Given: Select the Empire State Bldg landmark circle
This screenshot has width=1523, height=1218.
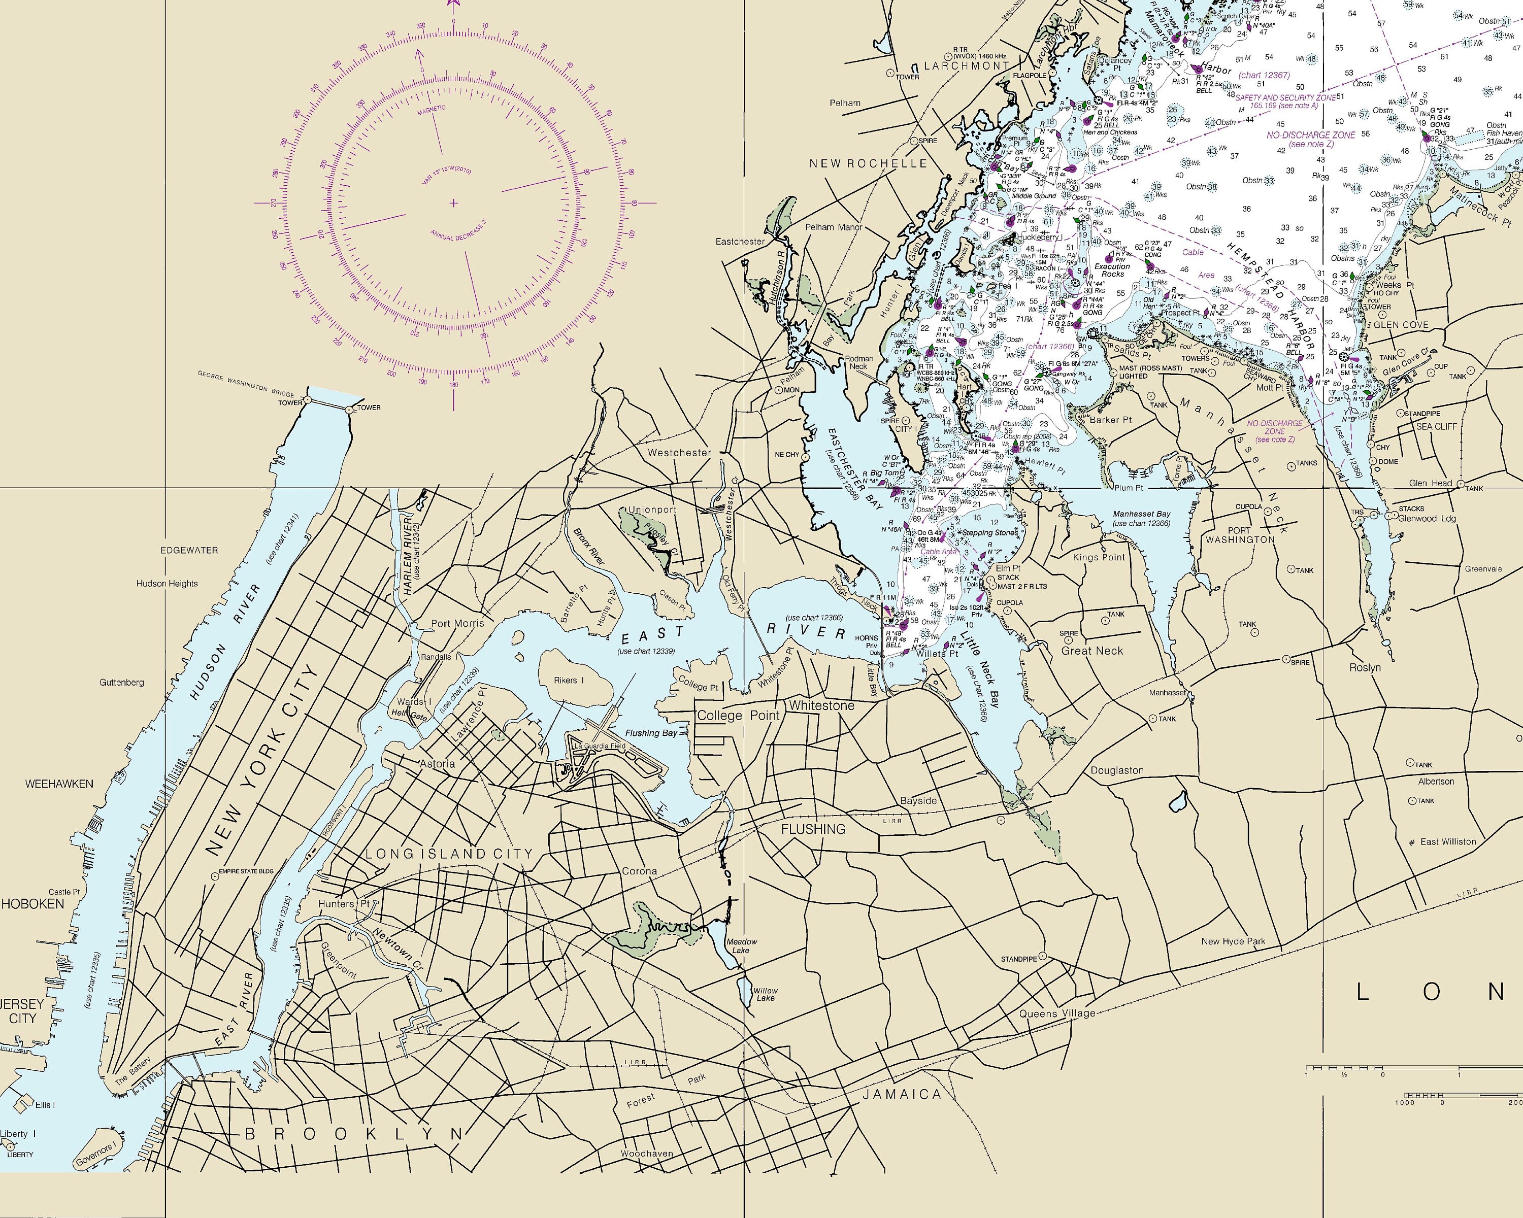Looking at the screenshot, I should [214, 875].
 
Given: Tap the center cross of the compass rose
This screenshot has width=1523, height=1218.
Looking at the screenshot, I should [453, 204].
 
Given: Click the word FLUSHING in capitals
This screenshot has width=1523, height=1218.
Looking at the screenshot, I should [813, 829].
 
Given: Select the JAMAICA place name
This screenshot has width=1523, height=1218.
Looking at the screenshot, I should [902, 1095].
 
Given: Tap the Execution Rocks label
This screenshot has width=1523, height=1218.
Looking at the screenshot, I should [1113, 269].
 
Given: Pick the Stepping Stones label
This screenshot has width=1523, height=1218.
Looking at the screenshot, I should [991, 532].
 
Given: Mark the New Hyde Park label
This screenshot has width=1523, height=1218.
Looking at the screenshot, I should [1233, 941].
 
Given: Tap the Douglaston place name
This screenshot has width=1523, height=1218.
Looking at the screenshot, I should [1117, 770].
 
